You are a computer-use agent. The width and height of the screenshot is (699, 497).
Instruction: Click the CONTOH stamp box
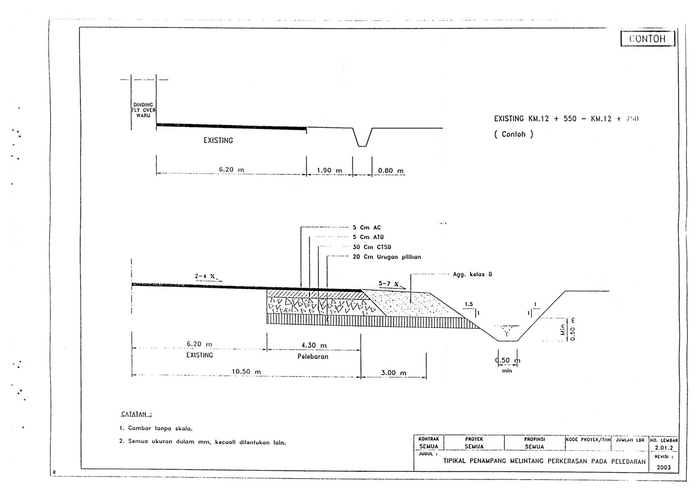tap(647, 38)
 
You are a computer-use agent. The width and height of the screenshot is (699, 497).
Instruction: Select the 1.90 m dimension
tap(329, 170)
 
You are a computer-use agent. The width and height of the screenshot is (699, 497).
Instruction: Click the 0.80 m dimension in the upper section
tap(391, 170)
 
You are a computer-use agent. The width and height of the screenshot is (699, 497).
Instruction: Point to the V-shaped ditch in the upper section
tap(362, 137)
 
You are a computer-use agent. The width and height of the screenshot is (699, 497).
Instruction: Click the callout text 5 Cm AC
tap(367, 228)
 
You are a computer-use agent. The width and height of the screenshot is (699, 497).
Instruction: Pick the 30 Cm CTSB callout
tap(372, 247)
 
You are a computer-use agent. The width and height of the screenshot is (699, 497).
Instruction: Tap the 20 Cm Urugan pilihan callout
tap(387, 257)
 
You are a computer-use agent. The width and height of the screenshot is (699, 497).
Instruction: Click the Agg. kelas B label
tap(472, 274)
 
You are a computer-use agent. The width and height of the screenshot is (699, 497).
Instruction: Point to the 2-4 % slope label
tap(205, 276)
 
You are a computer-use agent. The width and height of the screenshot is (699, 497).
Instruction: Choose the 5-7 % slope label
tap(388, 283)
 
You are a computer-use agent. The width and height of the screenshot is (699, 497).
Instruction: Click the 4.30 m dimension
tap(314, 345)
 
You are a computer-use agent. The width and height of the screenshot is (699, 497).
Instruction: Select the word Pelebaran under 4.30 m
tap(313, 356)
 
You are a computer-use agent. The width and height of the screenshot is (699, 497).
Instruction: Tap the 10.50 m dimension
tap(246, 372)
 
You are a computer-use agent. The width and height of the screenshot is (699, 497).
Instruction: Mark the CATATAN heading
tap(136, 414)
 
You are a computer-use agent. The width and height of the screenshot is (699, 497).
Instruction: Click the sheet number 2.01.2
tap(664, 448)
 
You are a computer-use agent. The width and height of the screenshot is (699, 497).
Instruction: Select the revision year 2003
tap(663, 467)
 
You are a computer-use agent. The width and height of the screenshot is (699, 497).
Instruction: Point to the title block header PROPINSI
tap(534, 439)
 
